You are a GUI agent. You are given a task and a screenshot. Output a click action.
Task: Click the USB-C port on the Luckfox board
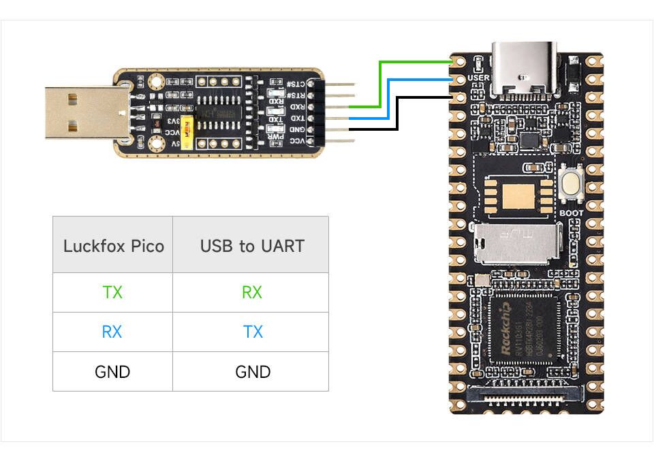[524, 69]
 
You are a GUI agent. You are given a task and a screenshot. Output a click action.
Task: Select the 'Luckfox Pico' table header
[113, 245]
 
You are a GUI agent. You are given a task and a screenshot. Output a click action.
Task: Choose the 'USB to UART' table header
[251, 245]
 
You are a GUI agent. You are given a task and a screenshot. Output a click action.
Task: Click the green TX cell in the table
[112, 292]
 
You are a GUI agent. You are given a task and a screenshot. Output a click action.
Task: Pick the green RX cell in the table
[251, 292]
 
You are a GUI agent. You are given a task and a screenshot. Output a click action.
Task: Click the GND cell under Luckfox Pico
[112, 371]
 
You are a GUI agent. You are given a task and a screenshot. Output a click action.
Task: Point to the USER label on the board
[479, 78]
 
